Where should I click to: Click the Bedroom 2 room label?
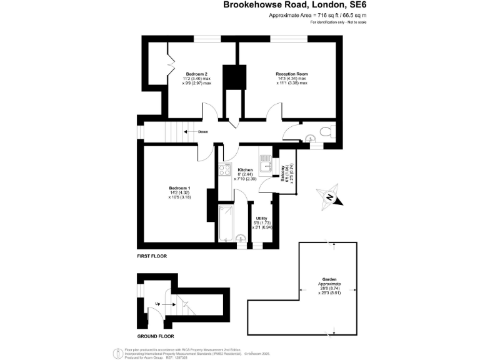click(197, 74)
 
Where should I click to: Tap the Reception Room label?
click(292, 74)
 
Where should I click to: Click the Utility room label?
click(261, 218)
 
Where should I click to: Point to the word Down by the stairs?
click(203, 132)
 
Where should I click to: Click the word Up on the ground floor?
click(158, 304)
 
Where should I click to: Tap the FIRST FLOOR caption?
click(151, 257)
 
